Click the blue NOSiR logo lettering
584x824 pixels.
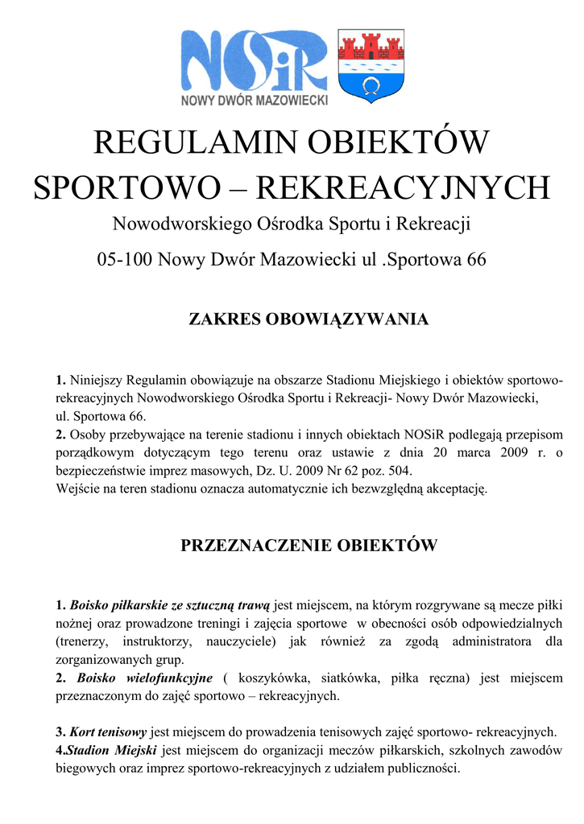[x=254, y=63]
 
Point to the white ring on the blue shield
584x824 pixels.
[x=370, y=84]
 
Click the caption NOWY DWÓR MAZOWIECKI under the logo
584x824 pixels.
[x=254, y=101]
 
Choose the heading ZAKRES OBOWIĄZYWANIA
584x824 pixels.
[x=309, y=319]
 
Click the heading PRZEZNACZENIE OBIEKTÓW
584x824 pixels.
[x=309, y=546]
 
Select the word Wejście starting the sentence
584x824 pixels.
[x=77, y=488]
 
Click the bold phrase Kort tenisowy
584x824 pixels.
[x=108, y=732]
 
